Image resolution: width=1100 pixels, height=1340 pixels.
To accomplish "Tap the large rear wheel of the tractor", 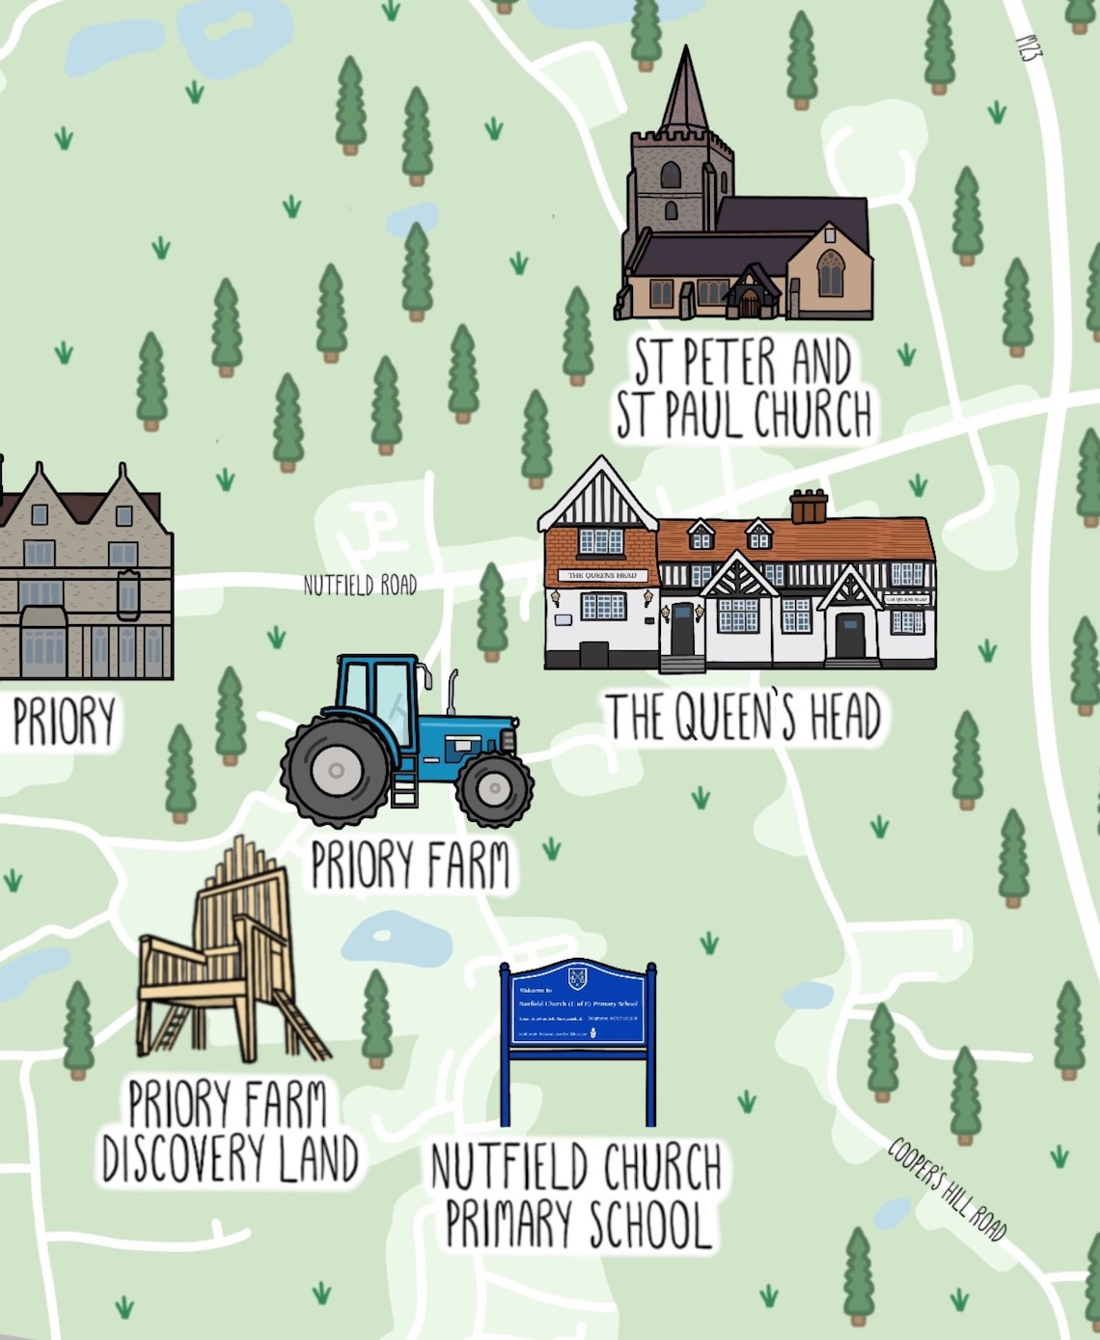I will point(335,770).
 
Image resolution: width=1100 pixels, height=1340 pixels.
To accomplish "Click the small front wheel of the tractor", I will point(495,788).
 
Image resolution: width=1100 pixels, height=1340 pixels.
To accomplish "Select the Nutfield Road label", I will point(360,585).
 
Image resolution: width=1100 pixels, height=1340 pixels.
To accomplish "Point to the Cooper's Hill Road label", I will point(947,1190).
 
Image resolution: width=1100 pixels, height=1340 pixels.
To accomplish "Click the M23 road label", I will point(1029,47).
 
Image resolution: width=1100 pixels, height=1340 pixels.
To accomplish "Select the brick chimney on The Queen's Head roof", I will point(808,506).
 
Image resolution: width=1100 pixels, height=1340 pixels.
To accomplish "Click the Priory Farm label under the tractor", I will point(409,865).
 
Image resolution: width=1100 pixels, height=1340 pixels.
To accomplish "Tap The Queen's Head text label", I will point(742,718).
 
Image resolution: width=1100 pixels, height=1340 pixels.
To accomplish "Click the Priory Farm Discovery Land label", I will point(230,1133).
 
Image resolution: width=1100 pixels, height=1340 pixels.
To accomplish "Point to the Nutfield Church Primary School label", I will point(576,1196).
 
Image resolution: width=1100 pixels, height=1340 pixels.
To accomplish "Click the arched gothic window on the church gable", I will point(830,272).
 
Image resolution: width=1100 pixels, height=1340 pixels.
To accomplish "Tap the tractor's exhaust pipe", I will point(452,692).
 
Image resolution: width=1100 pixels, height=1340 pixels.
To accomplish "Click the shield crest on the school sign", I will point(577,977).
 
